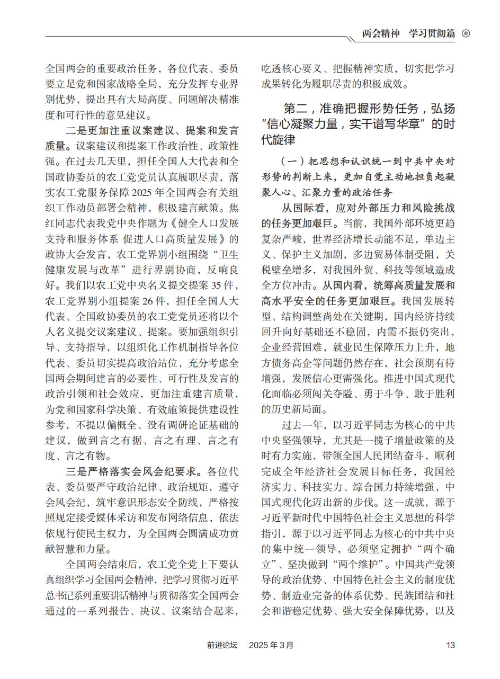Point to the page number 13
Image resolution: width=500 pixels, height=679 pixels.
tap(451, 645)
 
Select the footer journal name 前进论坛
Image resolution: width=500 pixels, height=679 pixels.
tap(222, 645)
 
